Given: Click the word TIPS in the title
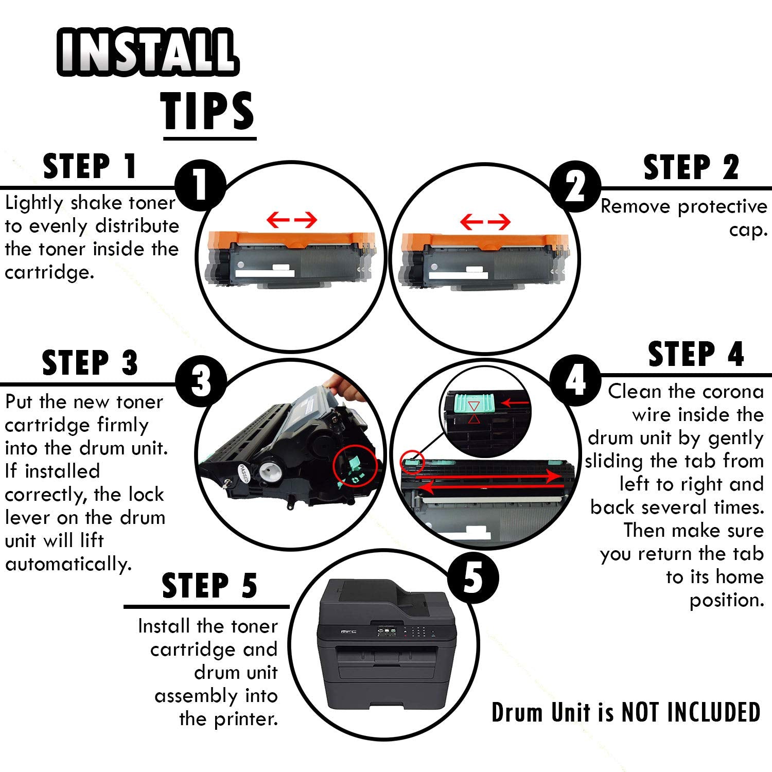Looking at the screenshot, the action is pos(208,111).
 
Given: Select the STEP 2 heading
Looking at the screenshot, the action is pos(691,167).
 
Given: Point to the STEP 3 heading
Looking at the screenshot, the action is pos(90,362).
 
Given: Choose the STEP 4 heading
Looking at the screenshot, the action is pos(696,354).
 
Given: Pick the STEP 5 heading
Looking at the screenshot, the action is pos(209,586).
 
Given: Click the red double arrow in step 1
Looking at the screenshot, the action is pos(292,220).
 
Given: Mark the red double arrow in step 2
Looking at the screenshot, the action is pos(485,222).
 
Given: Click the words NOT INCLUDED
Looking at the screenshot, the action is pos(691,713).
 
